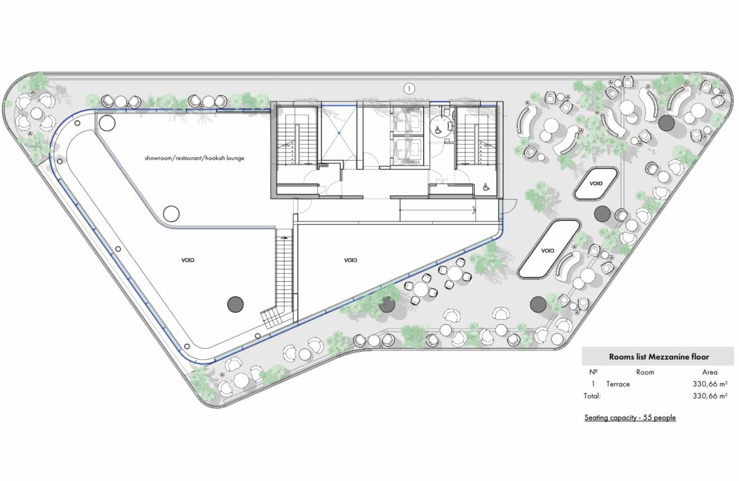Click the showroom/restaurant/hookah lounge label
click(x=195, y=158)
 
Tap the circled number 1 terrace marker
click(x=409, y=89)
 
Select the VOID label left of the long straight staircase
click(x=188, y=260)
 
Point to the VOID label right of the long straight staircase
click(x=350, y=260)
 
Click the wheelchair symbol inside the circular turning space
click(x=438, y=130)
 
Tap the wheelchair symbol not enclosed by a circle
click(x=486, y=188)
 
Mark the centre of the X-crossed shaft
click(x=339, y=133)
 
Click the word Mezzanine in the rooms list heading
click(x=668, y=357)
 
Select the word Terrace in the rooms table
click(x=618, y=384)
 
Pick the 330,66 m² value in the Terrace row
click(x=710, y=384)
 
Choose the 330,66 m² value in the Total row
click(x=710, y=396)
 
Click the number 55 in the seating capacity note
click(x=647, y=418)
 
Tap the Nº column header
click(x=593, y=372)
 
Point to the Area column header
click(x=709, y=372)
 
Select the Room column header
click(x=645, y=372)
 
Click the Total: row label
click(x=592, y=396)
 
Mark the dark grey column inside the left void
click(x=235, y=304)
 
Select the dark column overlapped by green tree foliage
click(x=387, y=305)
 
